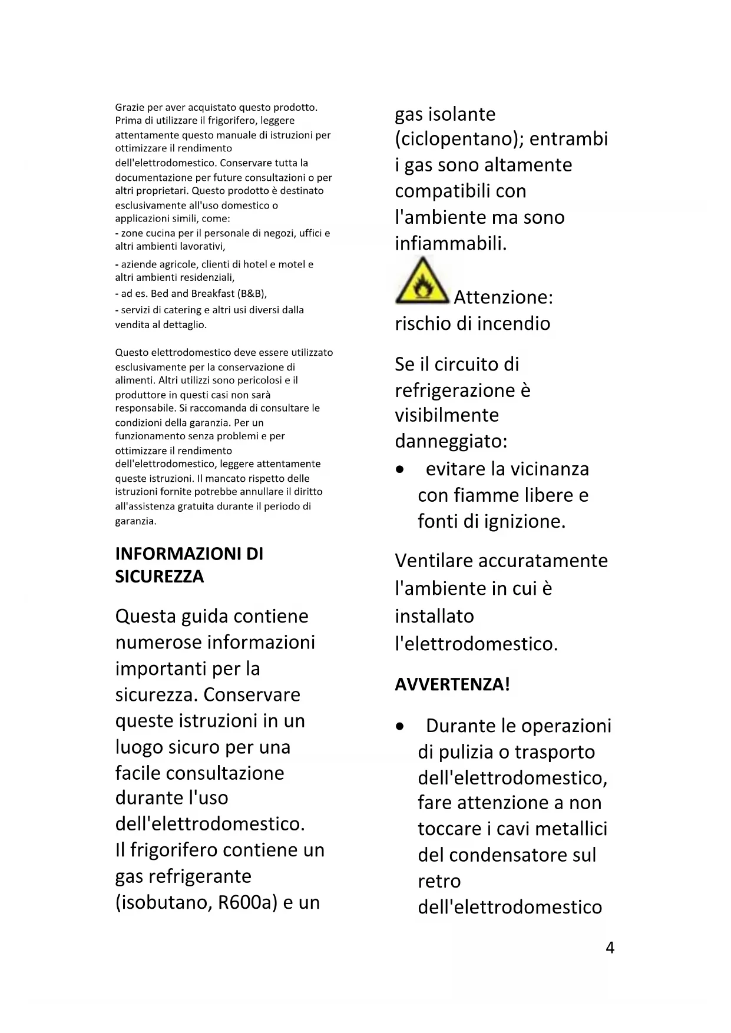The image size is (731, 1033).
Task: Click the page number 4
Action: pyautogui.click(x=610, y=948)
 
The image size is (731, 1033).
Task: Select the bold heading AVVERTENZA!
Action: pyautogui.click(x=452, y=684)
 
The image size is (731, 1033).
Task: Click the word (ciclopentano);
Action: pyautogui.click(x=459, y=139)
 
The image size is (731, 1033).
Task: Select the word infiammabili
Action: pyautogui.click(x=450, y=243)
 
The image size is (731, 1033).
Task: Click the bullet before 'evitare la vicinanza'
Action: pyautogui.click(x=401, y=470)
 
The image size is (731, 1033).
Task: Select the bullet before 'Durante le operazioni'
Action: pyautogui.click(x=401, y=727)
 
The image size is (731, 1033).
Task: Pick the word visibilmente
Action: pyautogui.click(x=446, y=415)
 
